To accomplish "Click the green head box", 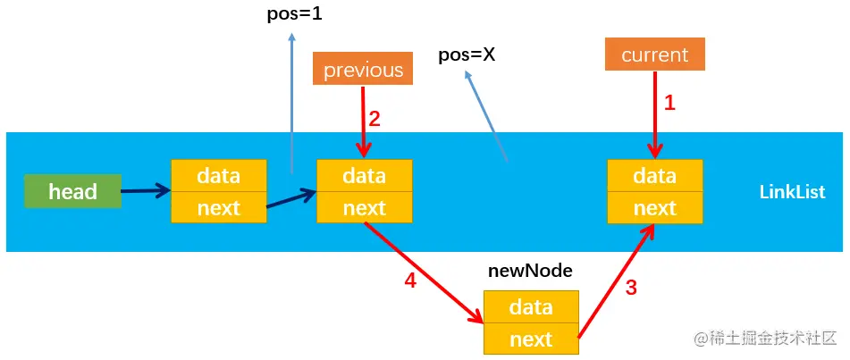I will pos(72,192).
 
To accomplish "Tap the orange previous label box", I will pos(363,70).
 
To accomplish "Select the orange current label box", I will pos(654,54).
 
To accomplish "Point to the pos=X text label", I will pos(467,54).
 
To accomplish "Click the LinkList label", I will pos(792,192).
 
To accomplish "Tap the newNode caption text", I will pos(530,270).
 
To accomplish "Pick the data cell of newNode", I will pos(531,306).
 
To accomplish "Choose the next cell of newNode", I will pos(531,339).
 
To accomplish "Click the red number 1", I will pos(669,103).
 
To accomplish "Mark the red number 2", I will pos(375,119).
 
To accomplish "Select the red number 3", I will pos(631,289).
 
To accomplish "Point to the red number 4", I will pos(410,280).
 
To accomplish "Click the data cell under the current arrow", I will pos(654,176).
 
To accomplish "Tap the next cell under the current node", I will pos(654,208).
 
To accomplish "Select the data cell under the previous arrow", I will pos(365,176).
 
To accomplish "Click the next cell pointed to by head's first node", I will pos(365,208).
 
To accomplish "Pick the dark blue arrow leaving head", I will pos(146,190).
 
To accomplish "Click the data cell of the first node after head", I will pos(219,176).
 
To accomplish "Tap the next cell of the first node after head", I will pos(219,208).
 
